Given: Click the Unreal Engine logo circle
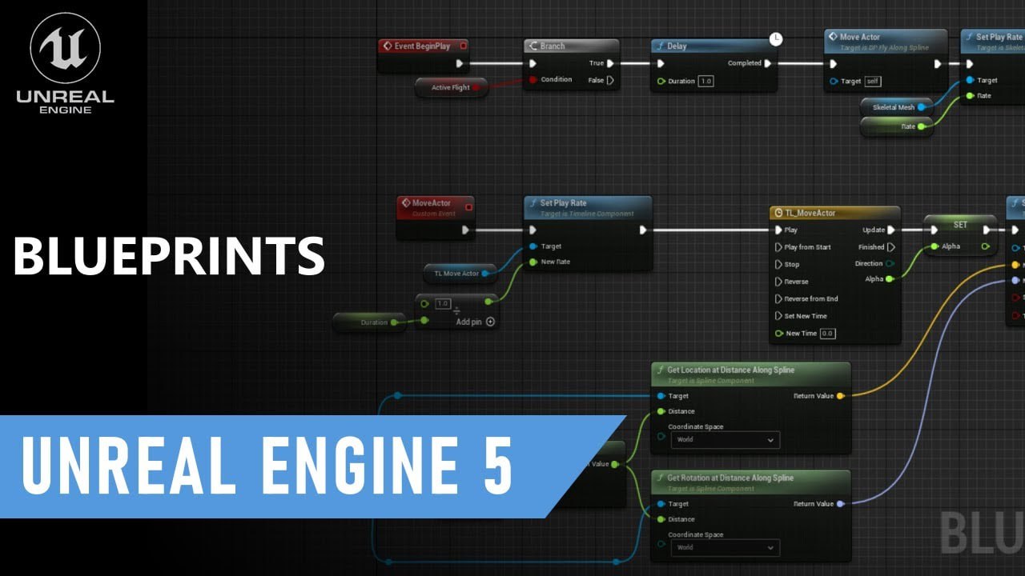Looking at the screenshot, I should pyautogui.click(x=65, y=48).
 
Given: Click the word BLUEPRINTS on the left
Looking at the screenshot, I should pyautogui.click(x=168, y=256).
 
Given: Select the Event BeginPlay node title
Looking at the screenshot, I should pyautogui.click(x=422, y=46).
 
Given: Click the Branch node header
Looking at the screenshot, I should pyautogui.click(x=571, y=46).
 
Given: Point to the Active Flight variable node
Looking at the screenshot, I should pyautogui.click(x=452, y=87).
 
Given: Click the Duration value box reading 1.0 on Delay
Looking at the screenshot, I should pyautogui.click(x=705, y=81).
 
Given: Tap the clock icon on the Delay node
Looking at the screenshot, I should pyautogui.click(x=775, y=38).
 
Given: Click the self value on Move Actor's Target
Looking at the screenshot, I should pyautogui.click(x=873, y=81).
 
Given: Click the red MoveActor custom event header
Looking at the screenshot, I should pyautogui.click(x=436, y=203).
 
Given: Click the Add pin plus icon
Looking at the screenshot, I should pyautogui.click(x=490, y=322).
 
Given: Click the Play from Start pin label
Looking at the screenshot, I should pyautogui.click(x=807, y=247).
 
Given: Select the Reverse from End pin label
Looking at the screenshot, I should pyautogui.click(x=810, y=298).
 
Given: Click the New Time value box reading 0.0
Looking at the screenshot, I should pyautogui.click(x=827, y=334).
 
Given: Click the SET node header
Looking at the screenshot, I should pyautogui.click(x=960, y=225).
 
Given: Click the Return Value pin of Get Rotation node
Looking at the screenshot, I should pyautogui.click(x=839, y=504).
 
